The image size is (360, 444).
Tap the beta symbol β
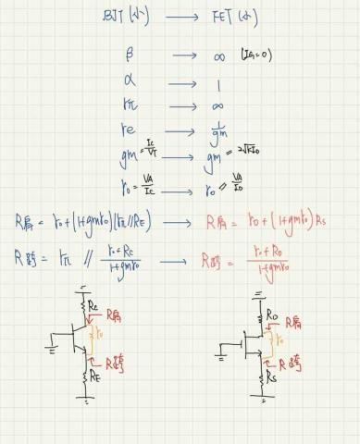click(x=129, y=55)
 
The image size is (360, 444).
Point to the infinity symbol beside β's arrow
click(x=218, y=56)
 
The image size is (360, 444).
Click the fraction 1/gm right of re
click(x=219, y=134)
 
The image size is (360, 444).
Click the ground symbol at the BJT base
click(x=50, y=349)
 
